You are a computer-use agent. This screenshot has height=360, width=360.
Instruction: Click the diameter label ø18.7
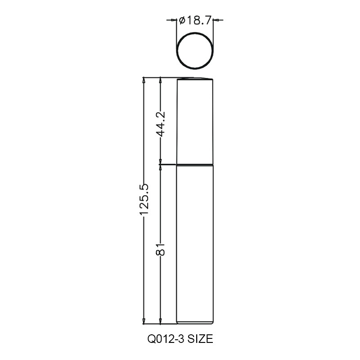tap(195, 21)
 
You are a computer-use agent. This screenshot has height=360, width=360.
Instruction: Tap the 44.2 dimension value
tap(161, 124)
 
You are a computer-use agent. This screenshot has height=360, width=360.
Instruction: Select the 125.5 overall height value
tap(144, 200)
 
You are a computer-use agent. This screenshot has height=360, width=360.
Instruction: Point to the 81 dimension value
tap(161, 249)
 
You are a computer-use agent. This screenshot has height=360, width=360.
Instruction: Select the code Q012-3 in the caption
tap(166, 339)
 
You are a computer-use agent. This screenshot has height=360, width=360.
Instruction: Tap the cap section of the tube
tap(195, 121)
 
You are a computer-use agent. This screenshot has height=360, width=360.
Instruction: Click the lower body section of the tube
tap(195, 244)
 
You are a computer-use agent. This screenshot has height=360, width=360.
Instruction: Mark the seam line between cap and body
tap(195, 165)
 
